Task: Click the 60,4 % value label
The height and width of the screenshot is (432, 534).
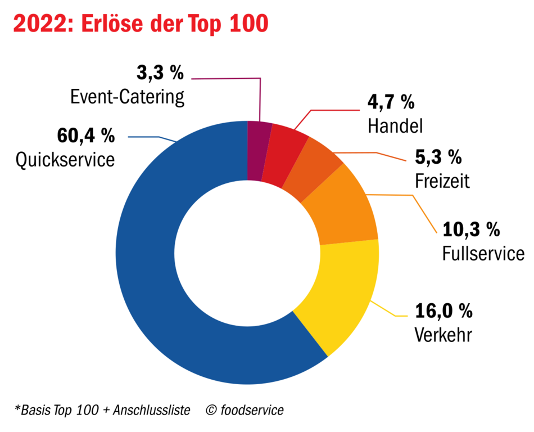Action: pyautogui.click(x=86, y=136)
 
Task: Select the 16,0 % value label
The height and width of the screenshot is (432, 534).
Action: pyautogui.click(x=444, y=311)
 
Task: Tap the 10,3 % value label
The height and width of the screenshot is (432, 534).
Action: pyautogui.click(x=471, y=229)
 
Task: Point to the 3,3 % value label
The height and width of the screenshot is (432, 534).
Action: pyautogui.click(x=160, y=73)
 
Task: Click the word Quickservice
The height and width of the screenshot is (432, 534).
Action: pyautogui.click(x=65, y=160)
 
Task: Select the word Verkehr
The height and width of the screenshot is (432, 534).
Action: pyautogui.click(x=443, y=334)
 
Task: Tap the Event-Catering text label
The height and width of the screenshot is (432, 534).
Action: pyautogui.click(x=128, y=97)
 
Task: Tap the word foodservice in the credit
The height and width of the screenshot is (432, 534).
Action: pyautogui.click(x=252, y=410)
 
